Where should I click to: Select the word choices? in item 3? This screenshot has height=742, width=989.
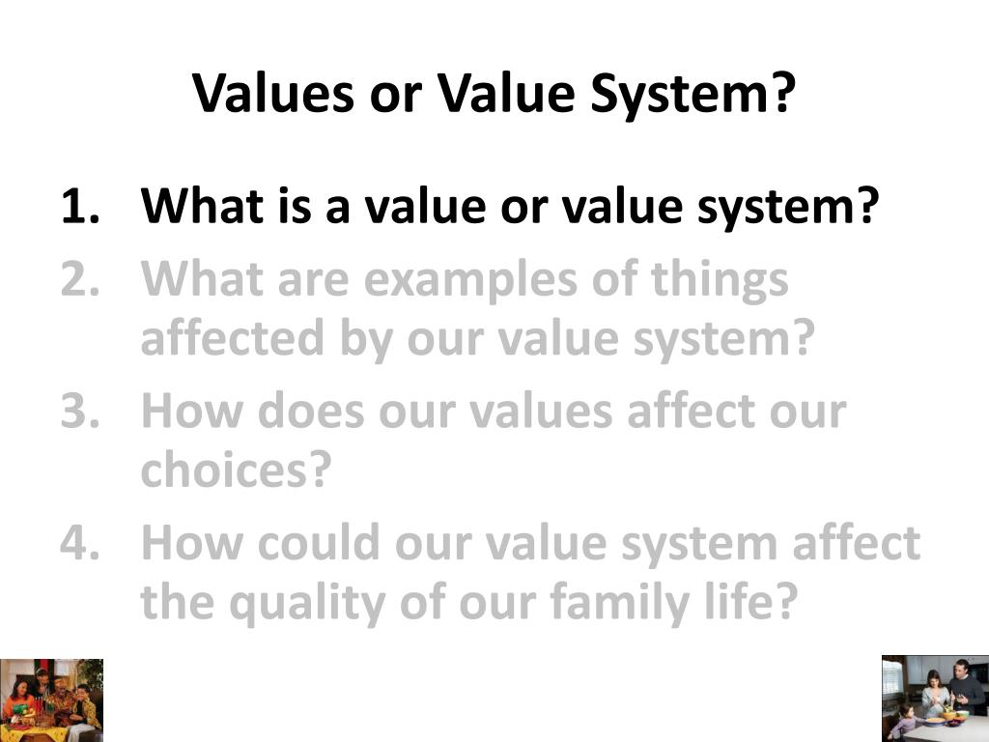click(237, 471)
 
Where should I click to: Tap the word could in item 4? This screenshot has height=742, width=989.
click(316, 544)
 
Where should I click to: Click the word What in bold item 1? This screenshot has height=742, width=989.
click(202, 206)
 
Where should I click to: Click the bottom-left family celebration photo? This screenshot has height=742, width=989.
click(51, 699)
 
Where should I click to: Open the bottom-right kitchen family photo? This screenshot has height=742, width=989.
click(934, 698)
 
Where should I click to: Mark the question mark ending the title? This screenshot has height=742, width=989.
click(783, 93)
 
